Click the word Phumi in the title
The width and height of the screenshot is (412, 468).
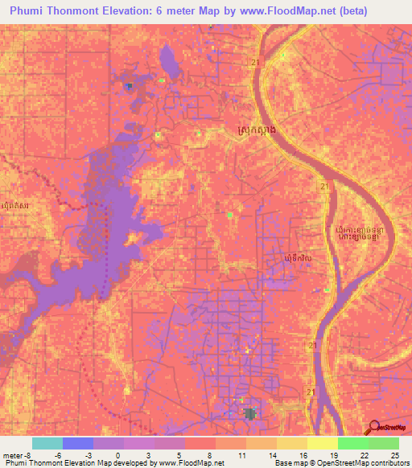[31, 11]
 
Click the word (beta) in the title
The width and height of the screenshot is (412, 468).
[384, 11]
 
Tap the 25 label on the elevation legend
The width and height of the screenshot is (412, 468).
[393, 455]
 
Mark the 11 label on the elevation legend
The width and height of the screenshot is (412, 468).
[241, 455]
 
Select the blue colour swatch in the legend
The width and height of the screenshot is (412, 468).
[78, 443]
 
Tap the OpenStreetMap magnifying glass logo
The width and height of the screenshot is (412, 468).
[373, 428]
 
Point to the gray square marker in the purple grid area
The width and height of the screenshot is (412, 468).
[249, 413]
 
